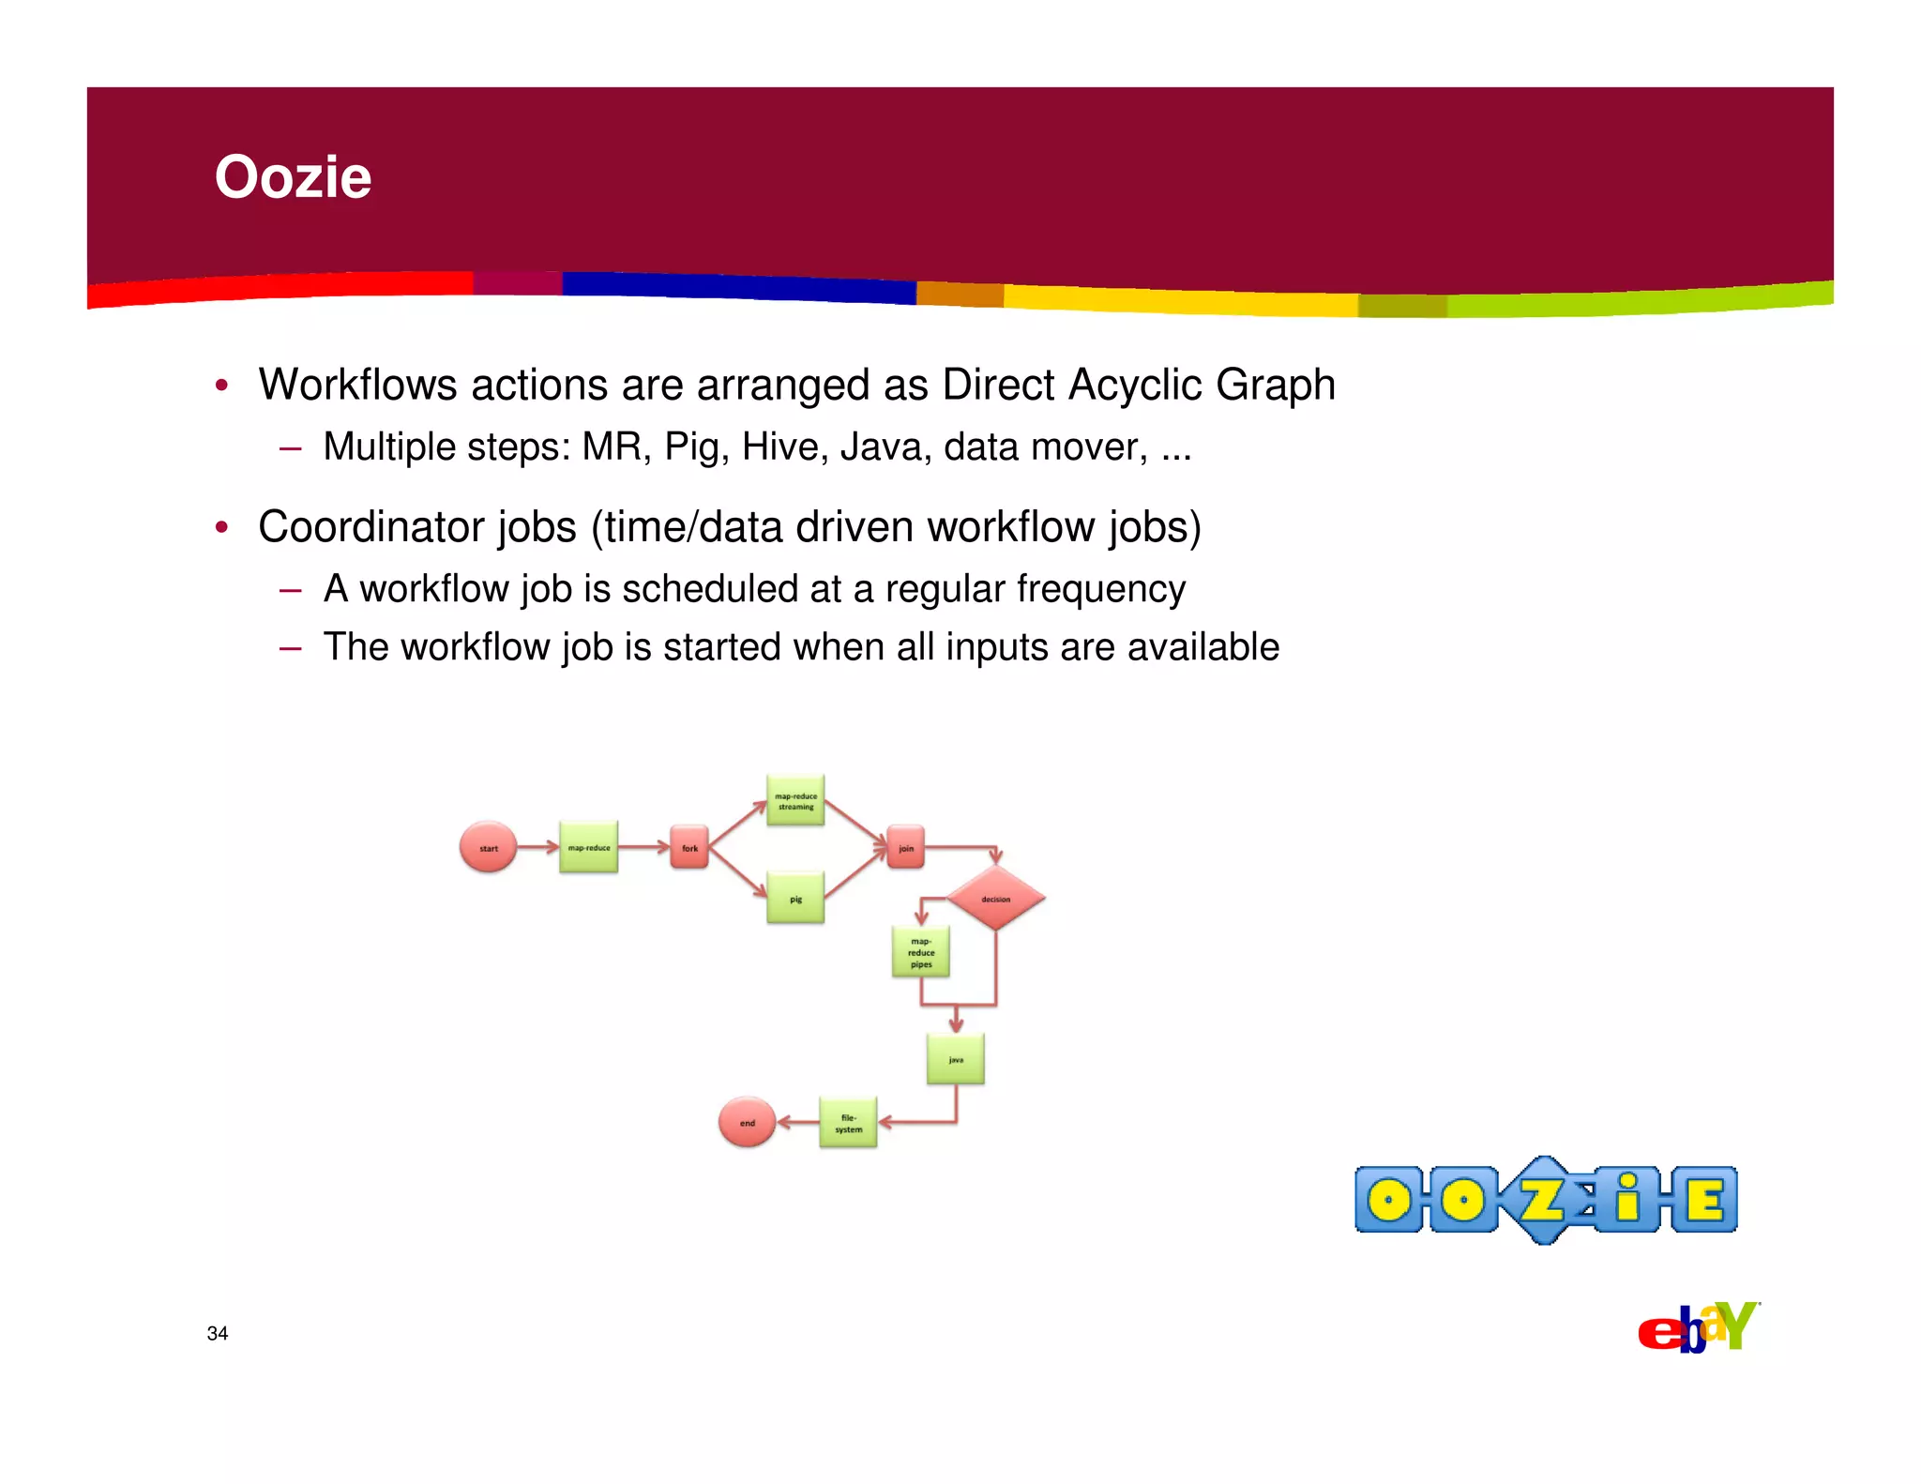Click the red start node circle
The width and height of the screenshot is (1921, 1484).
click(x=488, y=847)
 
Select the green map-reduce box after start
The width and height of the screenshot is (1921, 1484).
click(x=588, y=847)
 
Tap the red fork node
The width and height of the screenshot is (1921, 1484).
click(x=689, y=847)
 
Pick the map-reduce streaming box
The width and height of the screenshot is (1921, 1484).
click(x=795, y=800)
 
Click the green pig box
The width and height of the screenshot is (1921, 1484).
click(x=795, y=898)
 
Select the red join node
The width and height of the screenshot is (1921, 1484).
click(x=905, y=847)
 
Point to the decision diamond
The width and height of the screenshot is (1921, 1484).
click(x=995, y=898)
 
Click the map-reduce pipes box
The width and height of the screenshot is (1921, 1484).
click(x=920, y=951)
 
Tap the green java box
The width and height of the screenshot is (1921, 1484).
click(x=955, y=1059)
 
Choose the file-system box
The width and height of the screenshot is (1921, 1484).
click(x=848, y=1122)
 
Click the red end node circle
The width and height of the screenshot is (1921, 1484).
click(x=747, y=1122)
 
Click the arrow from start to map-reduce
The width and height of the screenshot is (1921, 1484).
click(x=537, y=847)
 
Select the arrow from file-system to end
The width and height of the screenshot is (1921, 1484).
click(x=797, y=1122)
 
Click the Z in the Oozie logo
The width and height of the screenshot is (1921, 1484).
click(x=1541, y=1200)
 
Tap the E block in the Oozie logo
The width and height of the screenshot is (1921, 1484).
click(x=1703, y=1200)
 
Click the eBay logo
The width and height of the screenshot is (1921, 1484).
click(x=1698, y=1328)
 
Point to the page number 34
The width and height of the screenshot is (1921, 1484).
click(x=218, y=1333)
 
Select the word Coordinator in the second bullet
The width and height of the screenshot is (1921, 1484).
click(x=416, y=526)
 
